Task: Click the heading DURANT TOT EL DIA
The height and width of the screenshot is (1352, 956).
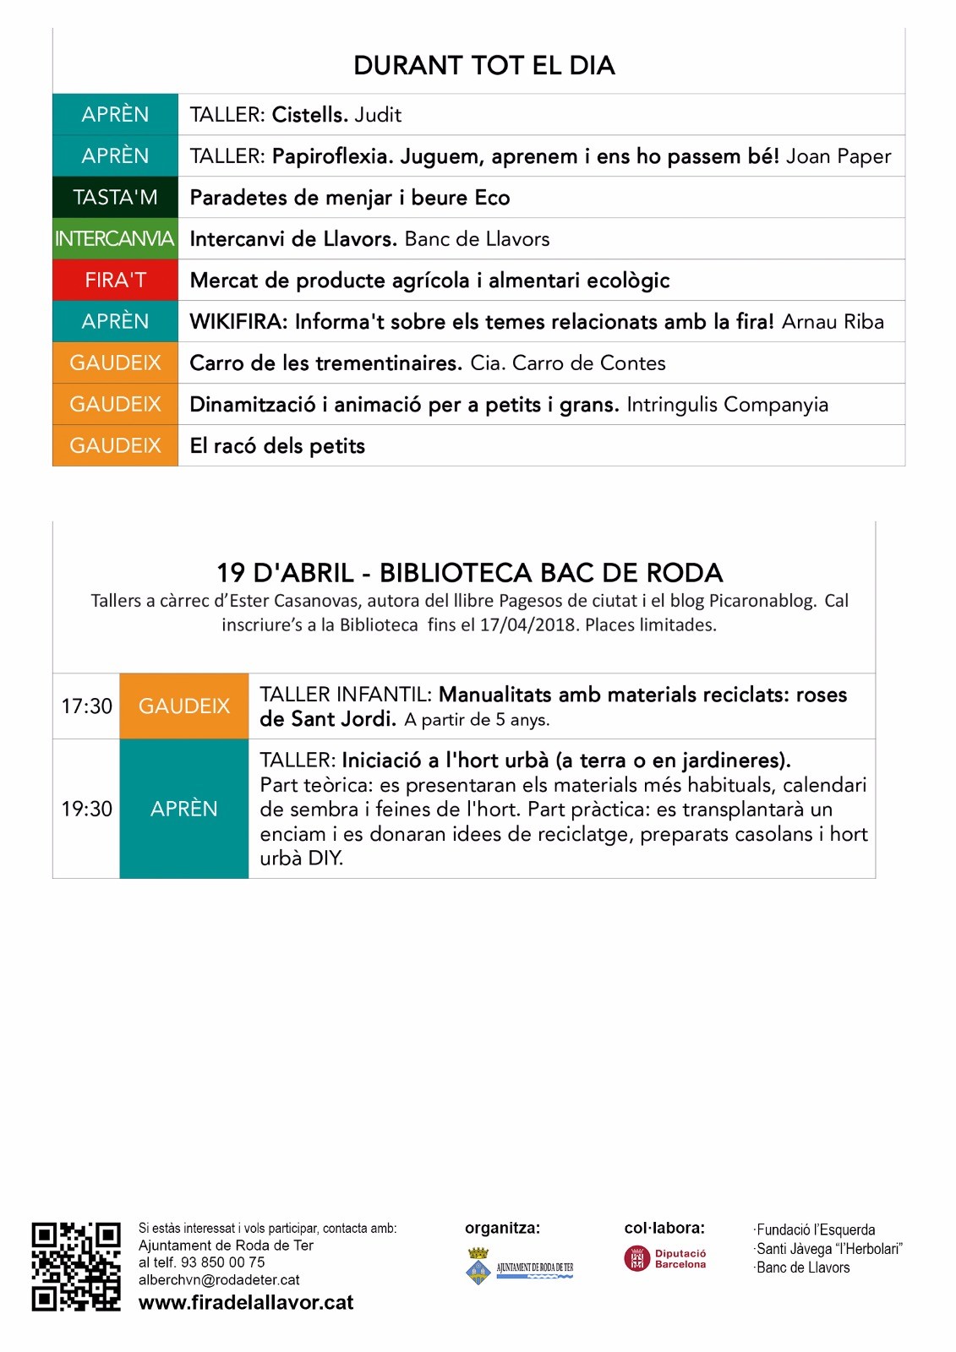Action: point(483,66)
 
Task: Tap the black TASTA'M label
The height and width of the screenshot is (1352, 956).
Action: point(115,198)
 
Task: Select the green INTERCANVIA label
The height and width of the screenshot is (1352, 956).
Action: point(115,239)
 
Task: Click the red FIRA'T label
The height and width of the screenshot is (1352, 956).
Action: point(115,281)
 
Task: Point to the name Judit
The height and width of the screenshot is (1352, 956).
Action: point(378,115)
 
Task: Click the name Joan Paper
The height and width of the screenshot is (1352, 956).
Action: point(839,156)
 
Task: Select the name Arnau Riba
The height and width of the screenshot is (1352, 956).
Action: point(833,322)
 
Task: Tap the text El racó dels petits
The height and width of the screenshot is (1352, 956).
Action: point(277,446)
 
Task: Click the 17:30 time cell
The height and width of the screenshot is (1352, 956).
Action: point(86,706)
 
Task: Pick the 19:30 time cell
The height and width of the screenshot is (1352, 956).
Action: point(86,809)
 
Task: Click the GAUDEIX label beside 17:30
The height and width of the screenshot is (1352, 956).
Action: point(184,706)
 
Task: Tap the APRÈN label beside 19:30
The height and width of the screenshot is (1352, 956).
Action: point(184,809)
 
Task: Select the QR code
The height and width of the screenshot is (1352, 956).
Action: point(76,1267)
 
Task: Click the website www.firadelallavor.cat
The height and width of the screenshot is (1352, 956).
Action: point(246,1303)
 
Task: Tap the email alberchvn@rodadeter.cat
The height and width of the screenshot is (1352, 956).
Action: point(219,1280)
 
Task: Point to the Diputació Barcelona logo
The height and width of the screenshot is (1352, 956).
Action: point(665,1259)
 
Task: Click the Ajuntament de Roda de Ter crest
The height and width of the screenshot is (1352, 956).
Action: point(478,1267)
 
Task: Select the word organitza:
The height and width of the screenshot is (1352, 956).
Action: point(502,1229)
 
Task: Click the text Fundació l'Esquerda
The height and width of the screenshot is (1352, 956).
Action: point(815,1230)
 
